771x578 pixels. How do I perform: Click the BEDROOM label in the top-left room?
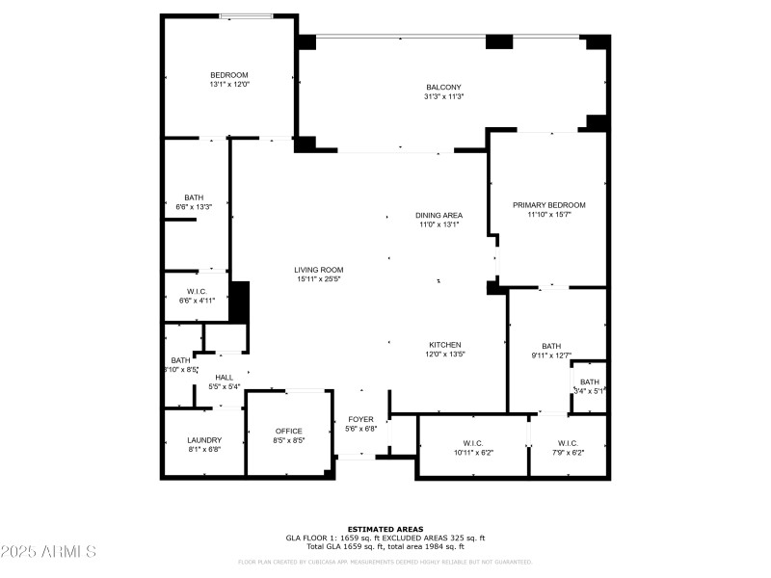pyautogui.click(x=229, y=75)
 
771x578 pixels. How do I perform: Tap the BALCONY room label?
pyautogui.click(x=443, y=88)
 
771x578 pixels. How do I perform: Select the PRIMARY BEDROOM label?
pyautogui.click(x=548, y=205)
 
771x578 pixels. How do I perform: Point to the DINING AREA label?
pyautogui.click(x=439, y=215)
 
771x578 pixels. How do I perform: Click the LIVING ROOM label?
pyautogui.click(x=319, y=270)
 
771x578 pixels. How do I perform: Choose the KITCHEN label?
pyautogui.click(x=445, y=345)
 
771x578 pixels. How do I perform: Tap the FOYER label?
pyautogui.click(x=360, y=419)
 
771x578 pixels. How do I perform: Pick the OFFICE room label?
pyautogui.click(x=289, y=431)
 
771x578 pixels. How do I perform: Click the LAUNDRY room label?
pyautogui.click(x=204, y=440)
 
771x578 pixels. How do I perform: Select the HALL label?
pyautogui.click(x=224, y=378)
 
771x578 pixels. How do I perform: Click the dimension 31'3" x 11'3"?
pyautogui.click(x=443, y=96)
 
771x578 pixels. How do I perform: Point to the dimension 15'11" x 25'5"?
pyautogui.click(x=319, y=278)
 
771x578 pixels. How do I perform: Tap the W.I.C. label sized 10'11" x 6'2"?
pyautogui.click(x=472, y=443)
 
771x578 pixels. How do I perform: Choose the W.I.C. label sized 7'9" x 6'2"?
pyautogui.click(x=567, y=443)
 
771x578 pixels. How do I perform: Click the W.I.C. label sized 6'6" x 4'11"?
pyautogui.click(x=196, y=292)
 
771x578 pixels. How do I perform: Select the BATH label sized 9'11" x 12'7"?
pyautogui.click(x=550, y=346)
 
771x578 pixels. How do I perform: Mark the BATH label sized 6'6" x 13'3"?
pyautogui.click(x=194, y=197)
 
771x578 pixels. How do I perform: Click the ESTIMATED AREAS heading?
pyautogui.click(x=385, y=529)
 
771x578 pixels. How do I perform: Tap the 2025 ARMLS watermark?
pyautogui.click(x=48, y=552)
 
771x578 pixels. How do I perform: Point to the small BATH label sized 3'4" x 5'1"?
pyautogui.click(x=589, y=382)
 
